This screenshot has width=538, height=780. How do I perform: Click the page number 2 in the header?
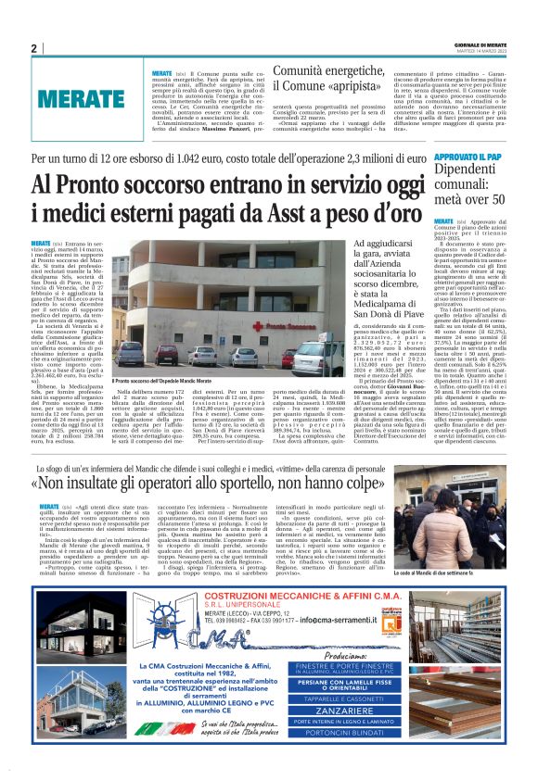tap(33, 48)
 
